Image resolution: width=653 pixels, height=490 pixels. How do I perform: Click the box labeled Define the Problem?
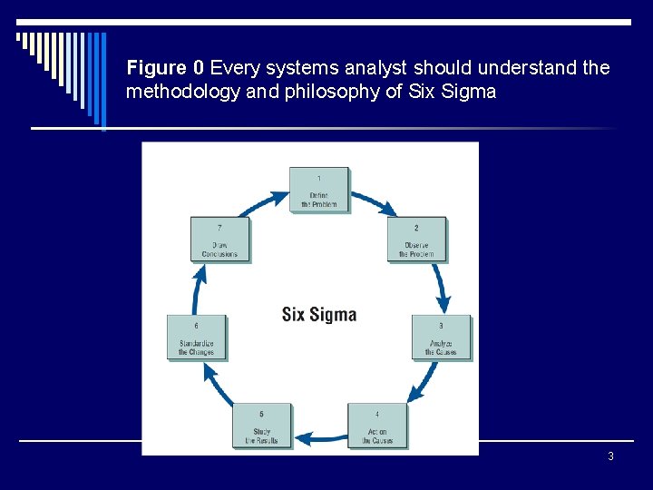click(319, 191)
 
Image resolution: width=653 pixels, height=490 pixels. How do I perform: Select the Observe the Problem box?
click(417, 240)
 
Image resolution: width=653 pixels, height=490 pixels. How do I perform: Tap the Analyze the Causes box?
click(442, 338)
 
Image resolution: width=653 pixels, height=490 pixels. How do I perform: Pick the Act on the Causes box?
click(377, 426)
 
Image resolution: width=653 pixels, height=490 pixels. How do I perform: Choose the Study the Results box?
click(262, 426)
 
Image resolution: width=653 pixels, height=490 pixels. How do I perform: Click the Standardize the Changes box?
click(197, 338)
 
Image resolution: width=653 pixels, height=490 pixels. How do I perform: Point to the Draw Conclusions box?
click(219, 240)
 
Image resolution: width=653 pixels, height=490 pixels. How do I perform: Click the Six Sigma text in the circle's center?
click(319, 315)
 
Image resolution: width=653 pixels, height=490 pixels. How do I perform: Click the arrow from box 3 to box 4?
click(419, 387)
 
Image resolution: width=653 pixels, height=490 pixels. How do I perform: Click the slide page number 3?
click(610, 456)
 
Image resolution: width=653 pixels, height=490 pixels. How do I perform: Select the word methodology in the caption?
click(178, 92)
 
